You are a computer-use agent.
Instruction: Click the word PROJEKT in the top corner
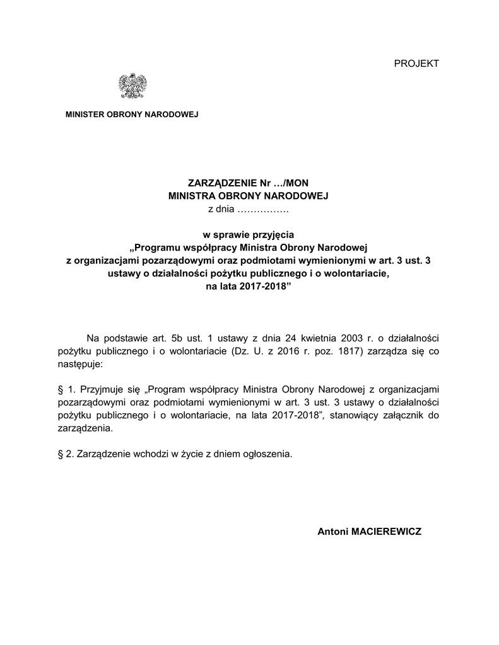click(x=416, y=63)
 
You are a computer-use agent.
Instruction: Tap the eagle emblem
click(x=132, y=86)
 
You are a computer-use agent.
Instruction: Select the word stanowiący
click(x=351, y=416)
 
